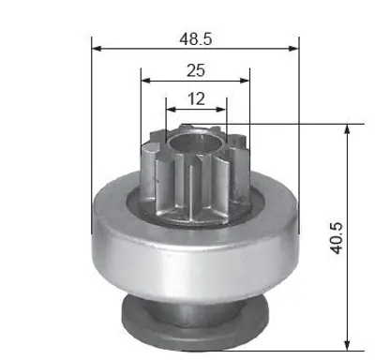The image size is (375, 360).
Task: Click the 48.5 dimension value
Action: point(196,39)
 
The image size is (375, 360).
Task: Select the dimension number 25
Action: point(196,70)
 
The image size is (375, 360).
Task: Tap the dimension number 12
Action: point(197,98)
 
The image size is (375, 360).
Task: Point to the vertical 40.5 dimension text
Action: point(337,238)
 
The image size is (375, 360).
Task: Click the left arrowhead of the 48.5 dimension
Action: point(97,49)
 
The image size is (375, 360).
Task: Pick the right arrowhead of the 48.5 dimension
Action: point(293,49)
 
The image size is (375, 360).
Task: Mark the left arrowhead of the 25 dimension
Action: point(146,81)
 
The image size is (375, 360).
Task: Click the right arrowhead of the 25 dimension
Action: point(245,81)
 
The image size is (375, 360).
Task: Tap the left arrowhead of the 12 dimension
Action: point(172,110)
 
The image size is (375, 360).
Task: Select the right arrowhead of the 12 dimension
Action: point(221,110)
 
